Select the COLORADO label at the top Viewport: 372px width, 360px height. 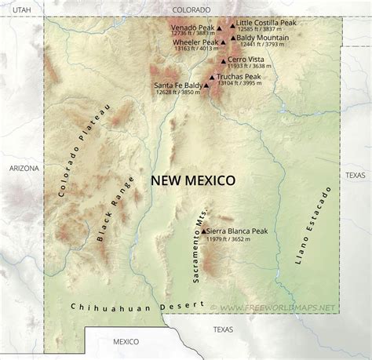coord(192,9)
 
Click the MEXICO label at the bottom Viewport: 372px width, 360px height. coord(125,341)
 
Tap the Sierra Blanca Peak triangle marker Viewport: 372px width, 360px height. coord(202,231)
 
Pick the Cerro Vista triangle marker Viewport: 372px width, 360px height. coord(224,60)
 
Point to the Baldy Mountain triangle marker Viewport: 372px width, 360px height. coord(232,38)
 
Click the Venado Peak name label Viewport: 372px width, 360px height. coord(193,27)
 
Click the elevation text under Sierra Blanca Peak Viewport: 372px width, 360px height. coord(225,239)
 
